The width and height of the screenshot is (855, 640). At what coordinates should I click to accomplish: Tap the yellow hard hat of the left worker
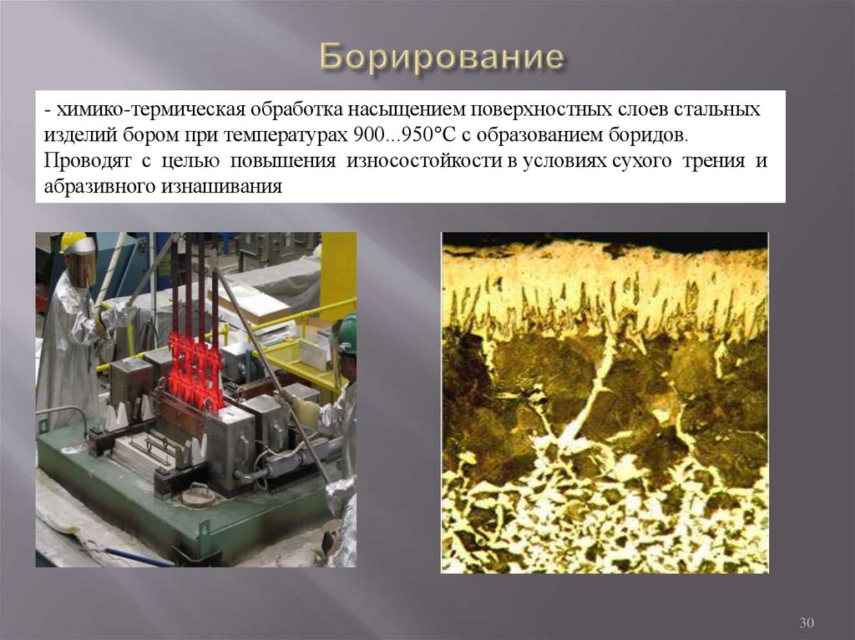point(73,242)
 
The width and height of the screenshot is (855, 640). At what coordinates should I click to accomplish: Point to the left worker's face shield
point(80,269)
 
